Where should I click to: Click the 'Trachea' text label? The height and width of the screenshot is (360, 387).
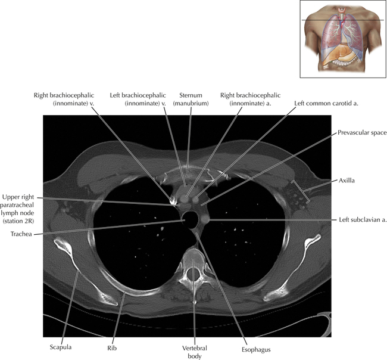point(21,234)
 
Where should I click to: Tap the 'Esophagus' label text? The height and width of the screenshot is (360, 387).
point(256,350)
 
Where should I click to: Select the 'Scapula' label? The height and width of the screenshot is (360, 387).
point(61,347)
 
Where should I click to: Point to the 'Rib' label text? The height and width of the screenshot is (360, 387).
point(112,348)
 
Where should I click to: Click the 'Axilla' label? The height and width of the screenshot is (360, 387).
point(347,181)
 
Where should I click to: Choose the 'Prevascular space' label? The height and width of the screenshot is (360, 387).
point(362,133)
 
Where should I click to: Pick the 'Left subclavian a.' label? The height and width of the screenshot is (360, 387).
point(363,220)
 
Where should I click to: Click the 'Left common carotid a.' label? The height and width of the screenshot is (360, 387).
point(326,103)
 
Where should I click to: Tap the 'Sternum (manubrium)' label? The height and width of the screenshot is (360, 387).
point(191,100)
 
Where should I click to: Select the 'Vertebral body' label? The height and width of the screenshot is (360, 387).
point(195,352)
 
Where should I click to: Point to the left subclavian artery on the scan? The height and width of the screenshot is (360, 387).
point(204,219)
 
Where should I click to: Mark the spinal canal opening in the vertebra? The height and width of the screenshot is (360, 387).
point(193,274)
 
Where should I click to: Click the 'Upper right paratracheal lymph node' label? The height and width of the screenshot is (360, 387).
point(18,209)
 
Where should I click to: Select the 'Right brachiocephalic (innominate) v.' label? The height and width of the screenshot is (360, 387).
point(64,100)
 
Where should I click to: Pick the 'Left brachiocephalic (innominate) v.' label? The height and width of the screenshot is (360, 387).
point(138,100)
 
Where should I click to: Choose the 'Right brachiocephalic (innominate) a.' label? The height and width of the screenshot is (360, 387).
point(250,100)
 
